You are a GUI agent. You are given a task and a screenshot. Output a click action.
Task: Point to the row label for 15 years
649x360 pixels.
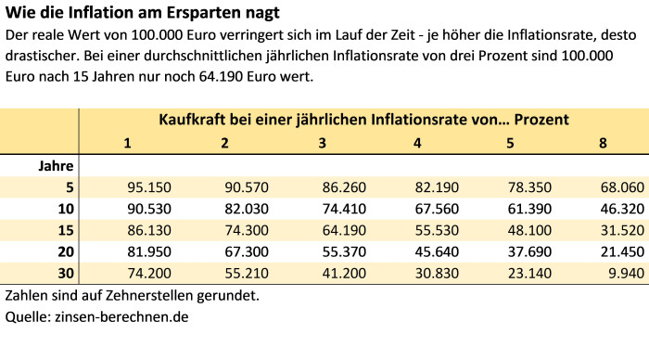65,230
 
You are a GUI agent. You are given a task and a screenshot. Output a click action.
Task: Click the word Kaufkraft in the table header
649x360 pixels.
194,120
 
